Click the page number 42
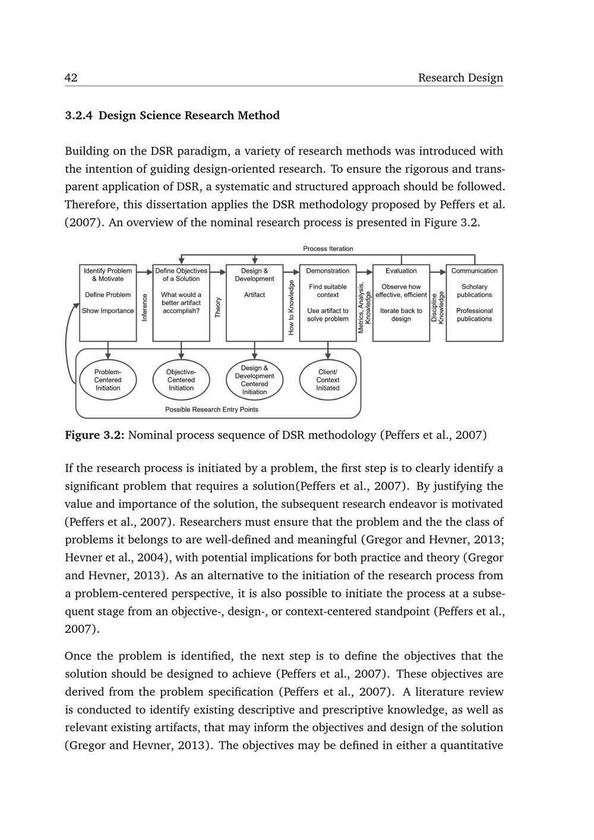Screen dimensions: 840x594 pos(71,78)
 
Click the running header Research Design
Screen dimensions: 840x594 pos(460,78)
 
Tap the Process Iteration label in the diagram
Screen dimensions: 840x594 pos(328,249)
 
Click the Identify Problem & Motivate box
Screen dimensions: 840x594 pos(108,302)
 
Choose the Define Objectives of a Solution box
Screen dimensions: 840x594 pos(181,302)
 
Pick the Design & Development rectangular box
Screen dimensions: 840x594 pos(254,302)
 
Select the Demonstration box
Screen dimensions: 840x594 pos(328,302)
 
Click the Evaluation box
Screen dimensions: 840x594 pos(401,302)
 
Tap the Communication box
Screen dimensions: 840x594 pos(475,302)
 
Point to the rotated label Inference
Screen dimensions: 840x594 pos(144,307)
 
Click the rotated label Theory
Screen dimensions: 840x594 pos(218,307)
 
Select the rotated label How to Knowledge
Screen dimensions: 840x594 pos(291,307)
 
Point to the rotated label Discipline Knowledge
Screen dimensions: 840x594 pos(438,307)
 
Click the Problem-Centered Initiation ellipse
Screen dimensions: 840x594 pos(108,380)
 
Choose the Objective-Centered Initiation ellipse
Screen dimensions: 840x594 pos(181,380)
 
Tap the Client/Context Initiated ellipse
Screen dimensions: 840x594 pos(328,380)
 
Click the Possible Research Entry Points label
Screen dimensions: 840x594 pos(211,409)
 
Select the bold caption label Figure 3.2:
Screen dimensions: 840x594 pos(94,435)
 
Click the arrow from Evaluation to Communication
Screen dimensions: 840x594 pos(438,272)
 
